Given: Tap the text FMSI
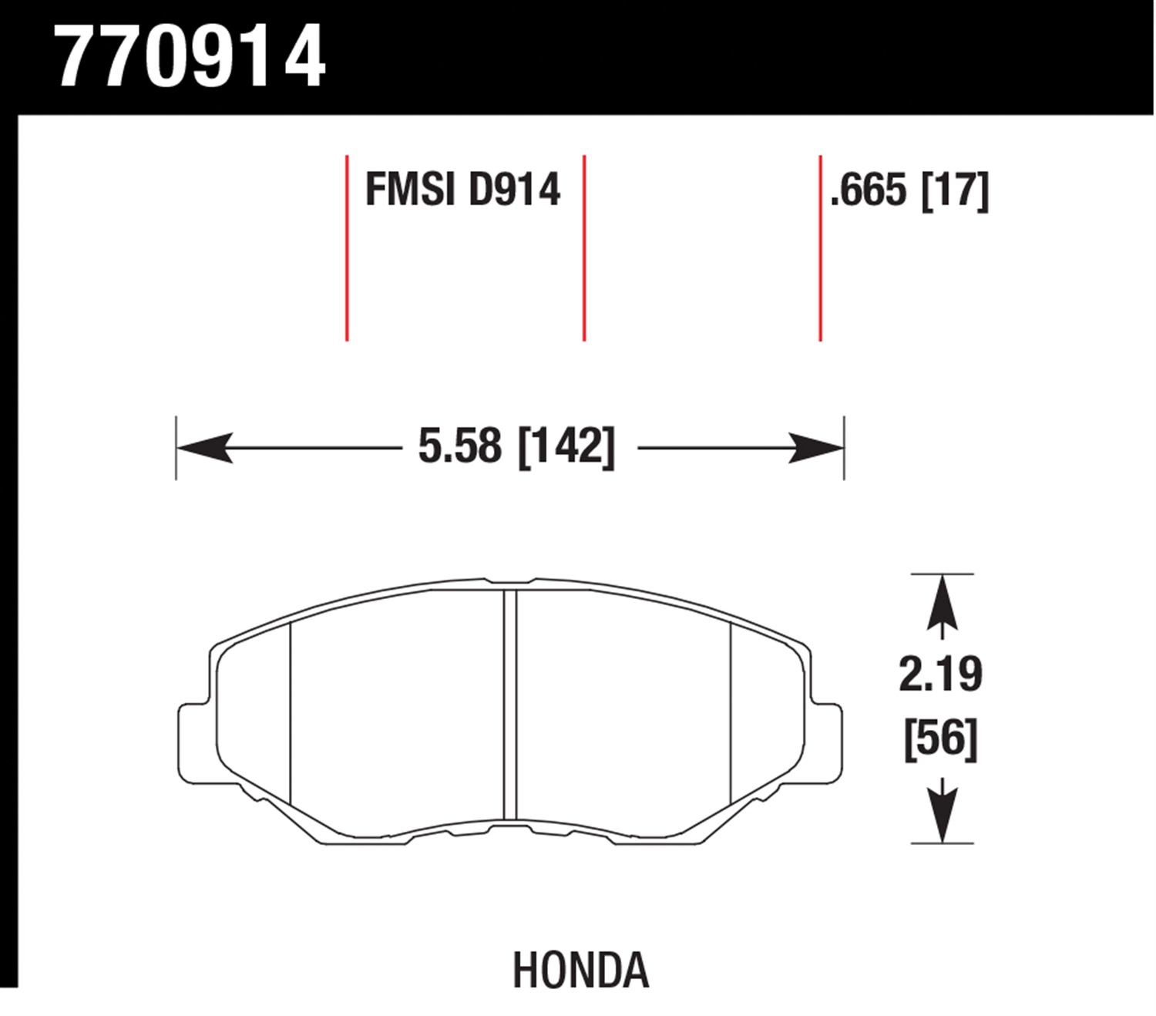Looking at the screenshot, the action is [410, 190].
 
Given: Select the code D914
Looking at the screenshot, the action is [514, 190].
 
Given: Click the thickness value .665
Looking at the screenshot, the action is [869, 190].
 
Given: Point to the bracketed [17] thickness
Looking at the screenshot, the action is [955, 191].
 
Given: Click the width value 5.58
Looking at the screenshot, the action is [459, 446].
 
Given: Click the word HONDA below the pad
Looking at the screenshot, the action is [581, 970].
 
